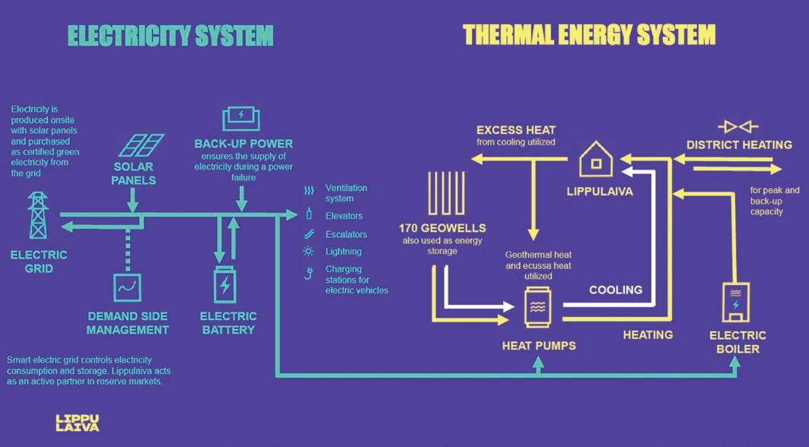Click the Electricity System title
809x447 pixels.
[170, 35]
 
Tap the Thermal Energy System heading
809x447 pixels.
[589, 35]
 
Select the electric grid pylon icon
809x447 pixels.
[37, 216]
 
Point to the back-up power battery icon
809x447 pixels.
[241, 119]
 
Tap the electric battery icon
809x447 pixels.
[226, 284]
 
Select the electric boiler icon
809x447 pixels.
[735, 302]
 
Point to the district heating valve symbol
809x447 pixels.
[738, 125]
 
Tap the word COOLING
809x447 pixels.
[615, 290]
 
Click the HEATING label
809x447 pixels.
[648, 334]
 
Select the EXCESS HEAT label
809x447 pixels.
[516, 130]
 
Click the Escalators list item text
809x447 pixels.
[346, 234]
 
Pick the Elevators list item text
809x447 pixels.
[344, 216]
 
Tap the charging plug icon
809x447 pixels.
[308, 274]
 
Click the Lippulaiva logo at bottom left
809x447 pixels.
[77, 423]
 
